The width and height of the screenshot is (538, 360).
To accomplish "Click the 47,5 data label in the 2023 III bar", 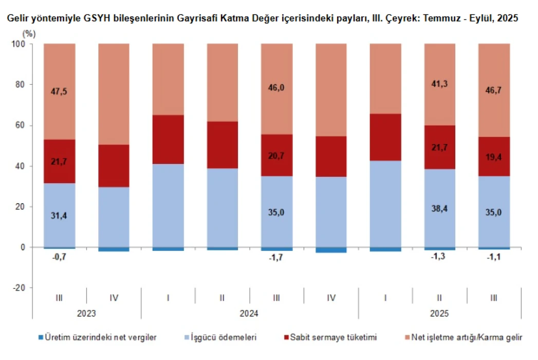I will (60, 92).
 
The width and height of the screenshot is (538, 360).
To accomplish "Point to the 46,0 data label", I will (276, 88).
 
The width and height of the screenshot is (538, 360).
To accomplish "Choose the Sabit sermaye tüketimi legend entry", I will (333, 337).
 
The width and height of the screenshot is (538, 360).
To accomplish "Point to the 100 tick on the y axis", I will (20, 44).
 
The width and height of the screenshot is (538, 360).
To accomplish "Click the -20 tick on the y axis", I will (19, 288).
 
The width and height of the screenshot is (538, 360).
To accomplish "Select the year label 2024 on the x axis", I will (249, 313).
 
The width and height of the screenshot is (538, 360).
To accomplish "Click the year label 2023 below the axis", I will (86, 313).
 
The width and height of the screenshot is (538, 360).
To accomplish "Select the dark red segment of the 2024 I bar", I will (168, 139).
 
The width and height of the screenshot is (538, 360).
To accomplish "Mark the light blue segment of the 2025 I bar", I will (385, 204).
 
